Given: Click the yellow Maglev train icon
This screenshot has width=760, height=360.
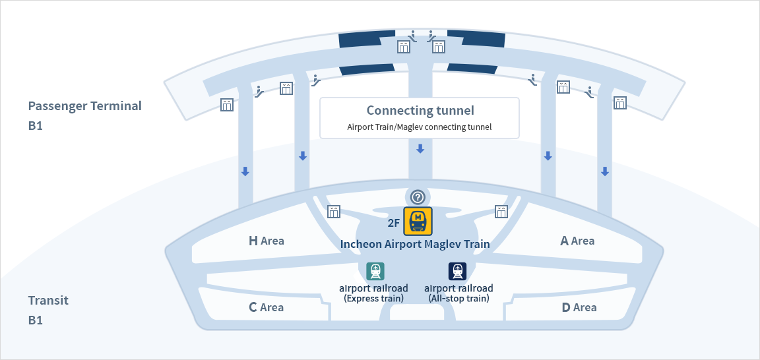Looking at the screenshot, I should click(x=418, y=221).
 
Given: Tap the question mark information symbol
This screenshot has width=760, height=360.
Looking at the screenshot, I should click(x=418, y=196).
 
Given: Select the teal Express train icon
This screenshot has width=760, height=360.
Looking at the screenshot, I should click(x=375, y=271).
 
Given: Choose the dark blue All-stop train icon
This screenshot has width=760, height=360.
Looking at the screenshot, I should click(x=457, y=271).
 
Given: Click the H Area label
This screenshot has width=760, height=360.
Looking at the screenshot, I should click(x=266, y=241).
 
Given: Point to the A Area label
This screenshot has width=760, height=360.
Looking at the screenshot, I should click(x=577, y=241).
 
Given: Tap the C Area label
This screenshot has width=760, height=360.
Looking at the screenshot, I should click(x=266, y=307).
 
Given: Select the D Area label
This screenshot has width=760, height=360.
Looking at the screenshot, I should click(x=579, y=307).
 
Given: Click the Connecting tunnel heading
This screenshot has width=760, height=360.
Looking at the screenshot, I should click(x=420, y=111).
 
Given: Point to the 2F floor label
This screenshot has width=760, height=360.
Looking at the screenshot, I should click(x=394, y=222).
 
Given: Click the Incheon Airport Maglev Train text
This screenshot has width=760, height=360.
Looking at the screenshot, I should click(x=415, y=244).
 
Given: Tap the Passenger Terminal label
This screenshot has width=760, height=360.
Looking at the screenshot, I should click(x=84, y=105).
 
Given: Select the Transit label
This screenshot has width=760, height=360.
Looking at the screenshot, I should click(x=48, y=301).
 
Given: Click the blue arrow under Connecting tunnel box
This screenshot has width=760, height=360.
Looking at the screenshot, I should click(x=420, y=149).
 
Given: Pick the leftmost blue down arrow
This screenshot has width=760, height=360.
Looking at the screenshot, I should click(x=245, y=171).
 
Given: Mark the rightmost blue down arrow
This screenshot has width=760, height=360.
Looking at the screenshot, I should click(x=604, y=171).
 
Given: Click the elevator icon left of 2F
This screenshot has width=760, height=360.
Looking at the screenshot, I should click(x=334, y=211).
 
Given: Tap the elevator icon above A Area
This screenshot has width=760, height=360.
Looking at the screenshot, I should click(x=502, y=211).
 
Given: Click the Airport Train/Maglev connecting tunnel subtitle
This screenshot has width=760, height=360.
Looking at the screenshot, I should click(x=420, y=127).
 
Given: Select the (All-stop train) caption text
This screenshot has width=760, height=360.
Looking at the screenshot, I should click(x=459, y=299).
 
